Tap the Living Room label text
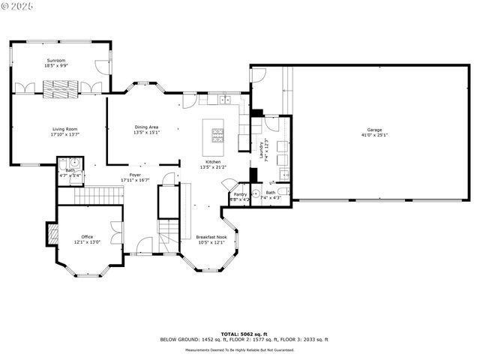click(64, 129)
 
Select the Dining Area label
click(146, 127)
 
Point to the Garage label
click(374, 129)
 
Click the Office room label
click(87, 237)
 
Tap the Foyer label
click(135, 175)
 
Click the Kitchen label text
click(214, 162)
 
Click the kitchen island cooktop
click(219, 135)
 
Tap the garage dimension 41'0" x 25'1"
click(374, 135)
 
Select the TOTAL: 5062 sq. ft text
click(238, 333)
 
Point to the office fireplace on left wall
click(52, 234)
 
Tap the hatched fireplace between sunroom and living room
click(59, 86)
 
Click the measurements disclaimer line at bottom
click(238, 349)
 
